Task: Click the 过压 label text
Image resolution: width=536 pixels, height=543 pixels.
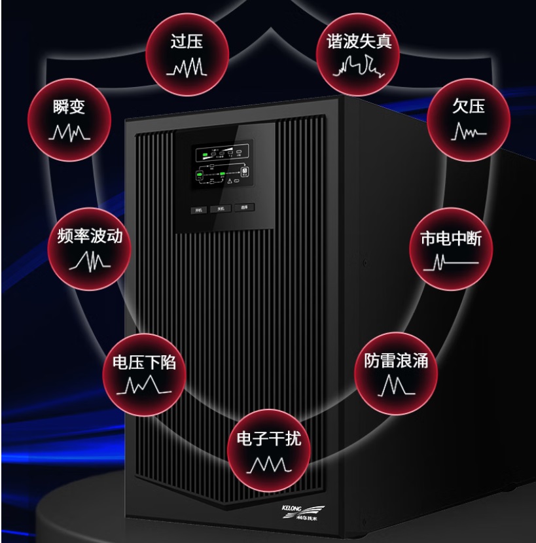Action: [187, 43]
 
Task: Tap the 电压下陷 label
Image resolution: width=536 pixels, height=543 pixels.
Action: [144, 363]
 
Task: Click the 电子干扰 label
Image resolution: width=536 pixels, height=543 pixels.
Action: [268, 439]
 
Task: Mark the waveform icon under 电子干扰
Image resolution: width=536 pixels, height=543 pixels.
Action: [268, 465]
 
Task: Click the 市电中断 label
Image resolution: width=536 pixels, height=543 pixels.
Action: [450, 238]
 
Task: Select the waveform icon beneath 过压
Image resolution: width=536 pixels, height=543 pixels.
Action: [187, 67]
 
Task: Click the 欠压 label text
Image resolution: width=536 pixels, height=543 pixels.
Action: [469, 106]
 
